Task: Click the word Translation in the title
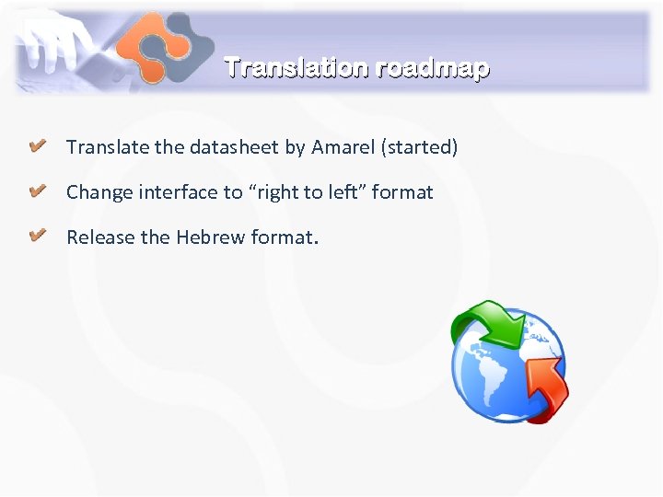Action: [x=294, y=68]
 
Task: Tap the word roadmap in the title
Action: [x=428, y=69]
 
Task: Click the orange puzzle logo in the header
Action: [x=165, y=46]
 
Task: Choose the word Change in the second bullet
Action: [x=99, y=192]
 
